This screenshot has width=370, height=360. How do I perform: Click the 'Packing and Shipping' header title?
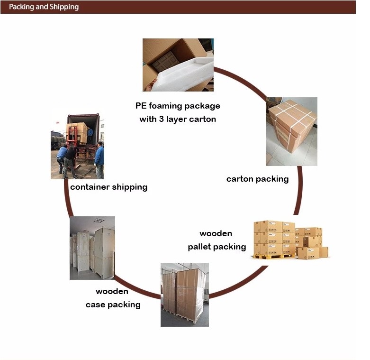click(44, 7)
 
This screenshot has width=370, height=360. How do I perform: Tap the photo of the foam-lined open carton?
click(178, 65)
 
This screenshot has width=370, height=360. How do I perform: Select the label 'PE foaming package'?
click(177, 106)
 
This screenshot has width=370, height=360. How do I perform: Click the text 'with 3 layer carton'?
click(177, 119)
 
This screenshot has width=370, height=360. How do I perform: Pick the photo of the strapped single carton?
click(291, 131)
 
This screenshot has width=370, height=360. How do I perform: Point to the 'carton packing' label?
click(257, 179)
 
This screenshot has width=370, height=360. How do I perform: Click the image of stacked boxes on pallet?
click(290, 240)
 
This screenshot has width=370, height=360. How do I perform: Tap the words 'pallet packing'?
click(217, 247)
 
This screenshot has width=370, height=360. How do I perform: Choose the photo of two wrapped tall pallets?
click(185, 294)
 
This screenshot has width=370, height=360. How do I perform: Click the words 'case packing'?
click(113, 305)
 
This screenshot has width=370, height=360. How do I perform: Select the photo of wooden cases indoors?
click(92, 248)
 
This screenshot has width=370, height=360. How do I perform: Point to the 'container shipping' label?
click(108, 187)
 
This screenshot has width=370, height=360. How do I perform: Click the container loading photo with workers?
click(77, 146)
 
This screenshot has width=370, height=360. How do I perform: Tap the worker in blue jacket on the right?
click(99, 159)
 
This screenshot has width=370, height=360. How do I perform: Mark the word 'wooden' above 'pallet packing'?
click(216, 233)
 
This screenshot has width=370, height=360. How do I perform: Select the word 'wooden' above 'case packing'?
click(112, 291)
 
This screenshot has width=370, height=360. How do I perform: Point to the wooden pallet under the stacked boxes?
click(273, 257)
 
